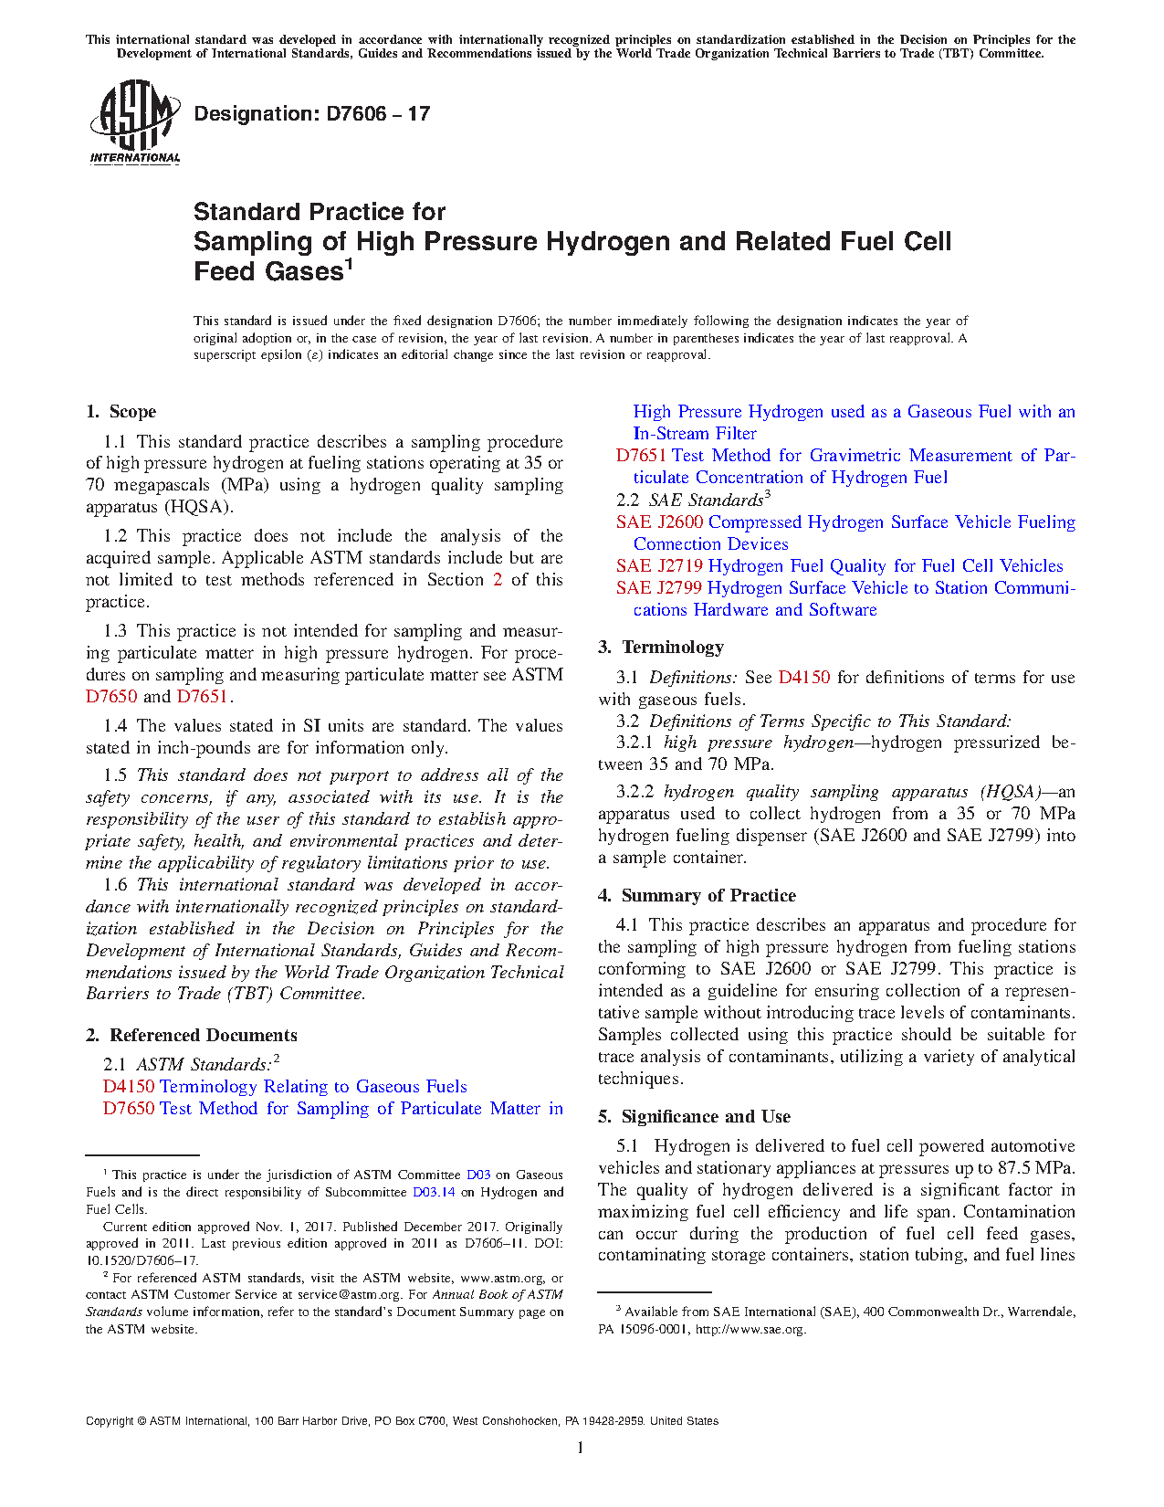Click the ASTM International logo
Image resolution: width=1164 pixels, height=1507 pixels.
[134, 121]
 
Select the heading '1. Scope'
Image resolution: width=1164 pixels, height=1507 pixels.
[121, 412]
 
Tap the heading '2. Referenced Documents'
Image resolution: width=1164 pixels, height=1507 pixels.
[192, 1035]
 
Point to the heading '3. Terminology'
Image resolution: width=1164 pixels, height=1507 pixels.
[661, 648]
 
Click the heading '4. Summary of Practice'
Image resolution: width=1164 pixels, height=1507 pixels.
[697, 896]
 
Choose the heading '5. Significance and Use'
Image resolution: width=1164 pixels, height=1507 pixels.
[694, 1117]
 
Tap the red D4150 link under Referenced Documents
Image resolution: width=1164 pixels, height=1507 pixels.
[129, 1087]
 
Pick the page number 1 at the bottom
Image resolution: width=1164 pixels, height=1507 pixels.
[581, 1447]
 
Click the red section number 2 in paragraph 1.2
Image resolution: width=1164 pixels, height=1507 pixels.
[498, 580]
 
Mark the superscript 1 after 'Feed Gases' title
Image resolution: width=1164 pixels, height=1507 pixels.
[348, 265]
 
